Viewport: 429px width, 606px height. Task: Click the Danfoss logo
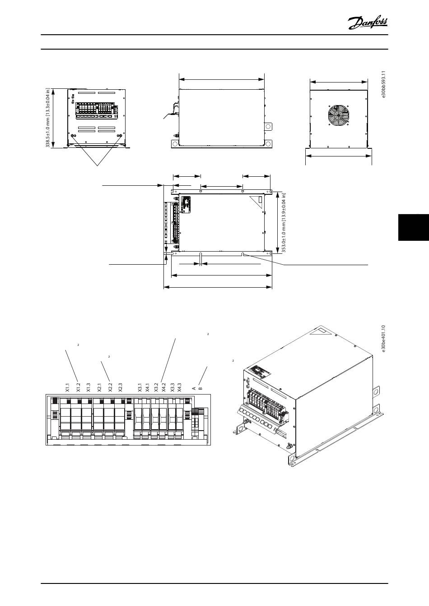pyautogui.click(x=368, y=22)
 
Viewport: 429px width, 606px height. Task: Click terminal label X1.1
pyautogui.click(x=67, y=388)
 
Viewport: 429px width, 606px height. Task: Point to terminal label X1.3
pyautogui.click(x=89, y=388)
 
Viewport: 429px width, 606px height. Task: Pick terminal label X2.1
pyautogui.click(x=99, y=388)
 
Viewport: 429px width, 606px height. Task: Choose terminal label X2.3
pyautogui.click(x=120, y=388)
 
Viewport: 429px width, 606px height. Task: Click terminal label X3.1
pyautogui.click(x=140, y=388)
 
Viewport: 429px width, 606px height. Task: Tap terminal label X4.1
pyautogui.click(x=148, y=388)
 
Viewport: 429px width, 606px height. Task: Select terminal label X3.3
pyautogui.click(x=172, y=388)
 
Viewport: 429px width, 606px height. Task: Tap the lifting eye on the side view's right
pyautogui.click(x=268, y=127)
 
